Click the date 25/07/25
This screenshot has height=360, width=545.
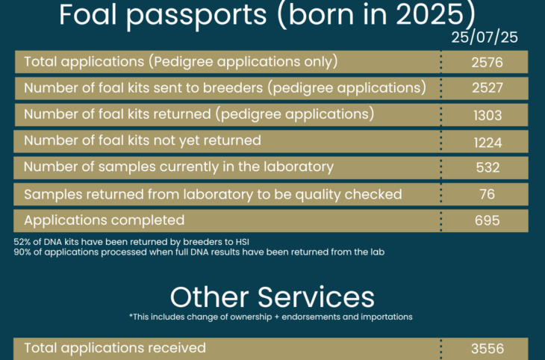pyautogui.click(x=485, y=37)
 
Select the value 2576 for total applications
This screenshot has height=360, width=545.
pyautogui.click(x=487, y=62)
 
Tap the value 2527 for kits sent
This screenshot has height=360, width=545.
pyautogui.click(x=488, y=87)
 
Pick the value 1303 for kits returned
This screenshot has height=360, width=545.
pyautogui.click(x=488, y=115)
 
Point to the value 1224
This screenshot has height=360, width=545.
pyautogui.click(x=488, y=142)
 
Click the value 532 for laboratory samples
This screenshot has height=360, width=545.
pyautogui.click(x=488, y=167)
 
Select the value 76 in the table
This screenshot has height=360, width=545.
pyautogui.click(x=487, y=194)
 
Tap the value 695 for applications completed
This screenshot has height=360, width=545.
pyautogui.click(x=487, y=220)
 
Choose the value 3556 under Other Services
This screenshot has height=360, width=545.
pyautogui.click(x=488, y=349)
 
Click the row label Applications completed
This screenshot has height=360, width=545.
pyautogui.click(x=105, y=220)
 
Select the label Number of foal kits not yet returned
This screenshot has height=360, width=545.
pyautogui.click(x=143, y=140)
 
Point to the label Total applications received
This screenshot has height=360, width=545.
pyautogui.click(x=115, y=348)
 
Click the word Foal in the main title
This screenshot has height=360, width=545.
pyautogui.click(x=87, y=15)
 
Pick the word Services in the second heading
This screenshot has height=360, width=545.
pyautogui.click(x=316, y=297)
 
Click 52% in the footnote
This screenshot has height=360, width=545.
pyautogui.click(x=22, y=242)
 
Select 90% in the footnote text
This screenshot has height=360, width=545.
pyautogui.click(x=22, y=252)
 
